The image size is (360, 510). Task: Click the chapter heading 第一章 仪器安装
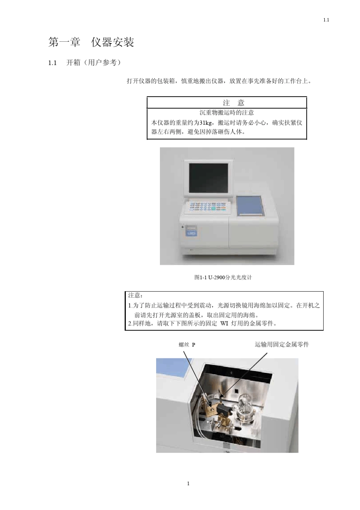point(91,42)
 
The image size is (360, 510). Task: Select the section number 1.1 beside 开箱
point(52,63)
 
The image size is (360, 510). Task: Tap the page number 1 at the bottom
point(188,483)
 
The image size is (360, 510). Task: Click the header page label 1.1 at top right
point(326,20)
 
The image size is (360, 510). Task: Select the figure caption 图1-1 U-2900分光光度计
point(223,277)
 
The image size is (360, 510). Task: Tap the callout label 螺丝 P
point(187,345)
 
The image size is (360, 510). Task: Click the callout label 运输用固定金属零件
point(282,344)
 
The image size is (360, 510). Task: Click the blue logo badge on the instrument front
point(189,234)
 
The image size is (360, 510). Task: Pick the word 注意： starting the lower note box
point(135,295)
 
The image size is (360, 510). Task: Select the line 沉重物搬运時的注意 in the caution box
point(227,113)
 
